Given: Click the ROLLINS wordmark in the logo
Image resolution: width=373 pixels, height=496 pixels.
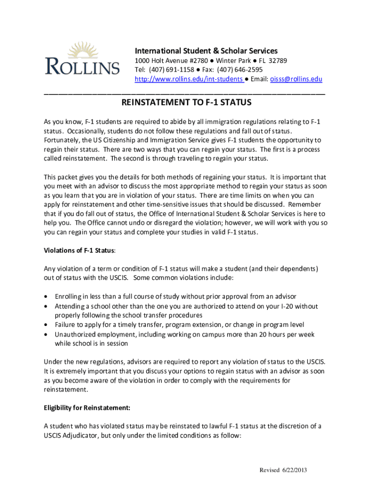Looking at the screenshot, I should pos(82,66).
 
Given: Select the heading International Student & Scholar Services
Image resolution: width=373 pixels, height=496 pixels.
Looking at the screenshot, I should pos(206,51).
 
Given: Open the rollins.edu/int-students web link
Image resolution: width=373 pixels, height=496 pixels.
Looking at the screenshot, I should pos(188,79).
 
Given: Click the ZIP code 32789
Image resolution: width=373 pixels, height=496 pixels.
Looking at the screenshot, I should pos(278,61).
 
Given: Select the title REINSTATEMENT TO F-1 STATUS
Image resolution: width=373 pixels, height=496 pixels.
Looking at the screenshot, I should pos(186,103).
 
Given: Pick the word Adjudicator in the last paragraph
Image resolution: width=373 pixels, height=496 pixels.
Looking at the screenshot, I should pos(85,435).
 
